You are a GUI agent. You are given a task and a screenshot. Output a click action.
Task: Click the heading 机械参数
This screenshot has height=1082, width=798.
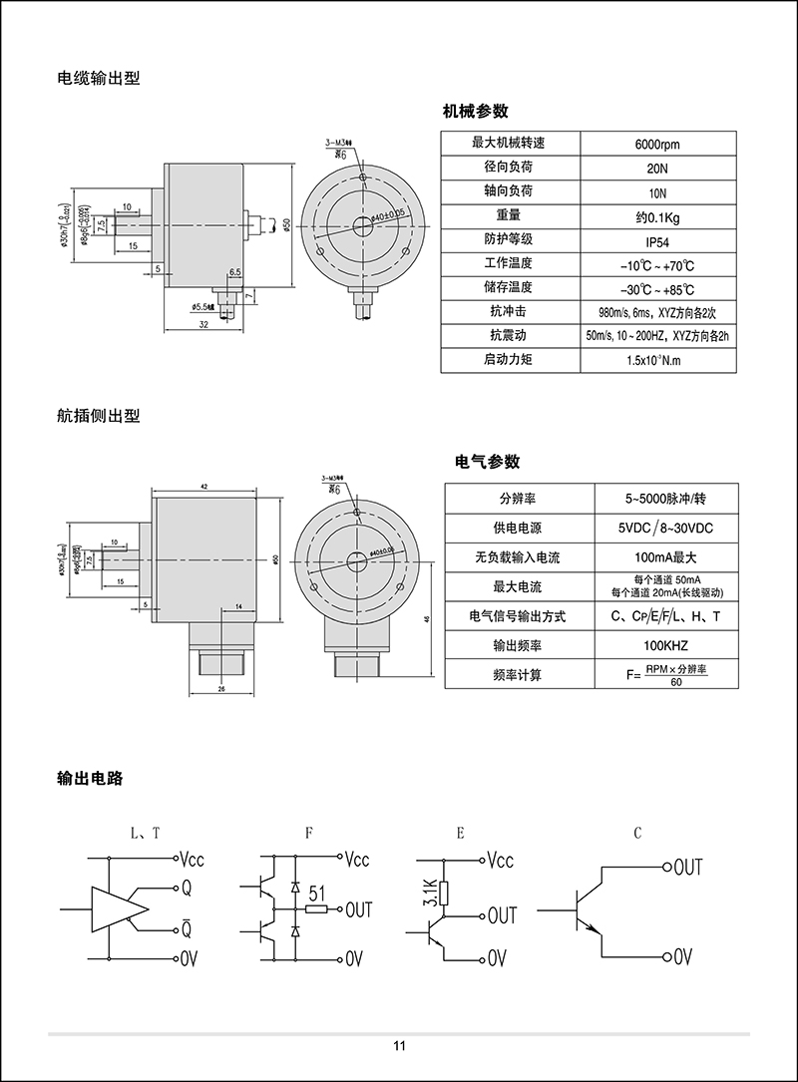tap(475, 111)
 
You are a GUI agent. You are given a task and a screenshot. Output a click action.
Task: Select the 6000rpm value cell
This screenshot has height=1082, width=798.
tap(656, 144)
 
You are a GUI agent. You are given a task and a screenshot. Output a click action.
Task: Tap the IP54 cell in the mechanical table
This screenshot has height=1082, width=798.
tap(656, 240)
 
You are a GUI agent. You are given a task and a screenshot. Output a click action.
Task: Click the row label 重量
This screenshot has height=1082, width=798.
tap(509, 215)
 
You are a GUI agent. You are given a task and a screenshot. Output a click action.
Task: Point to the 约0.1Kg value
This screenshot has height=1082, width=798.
tap(656, 216)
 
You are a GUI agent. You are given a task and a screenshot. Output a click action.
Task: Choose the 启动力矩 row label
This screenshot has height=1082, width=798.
tap(509, 359)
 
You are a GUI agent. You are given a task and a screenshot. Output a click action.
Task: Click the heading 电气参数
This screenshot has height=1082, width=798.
tap(487, 462)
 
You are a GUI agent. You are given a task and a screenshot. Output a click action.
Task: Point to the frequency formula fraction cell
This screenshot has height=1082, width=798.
tap(666, 675)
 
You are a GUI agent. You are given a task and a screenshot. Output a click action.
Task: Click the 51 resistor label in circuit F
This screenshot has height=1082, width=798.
tap(318, 893)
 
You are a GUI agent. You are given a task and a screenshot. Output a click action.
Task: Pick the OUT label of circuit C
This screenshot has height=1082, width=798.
tap(688, 868)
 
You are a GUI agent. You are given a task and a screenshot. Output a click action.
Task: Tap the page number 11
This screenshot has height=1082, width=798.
tap(399, 1046)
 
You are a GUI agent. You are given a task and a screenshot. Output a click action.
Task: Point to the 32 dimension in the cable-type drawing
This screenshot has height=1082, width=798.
tap(202, 325)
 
